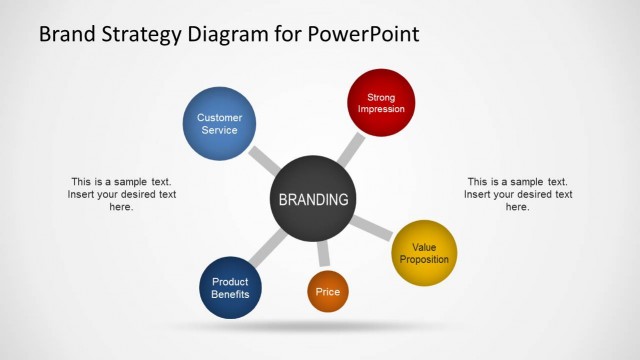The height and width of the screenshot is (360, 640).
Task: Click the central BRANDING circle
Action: pos(313,199)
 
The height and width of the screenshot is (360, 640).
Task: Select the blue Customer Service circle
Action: pos(219,124)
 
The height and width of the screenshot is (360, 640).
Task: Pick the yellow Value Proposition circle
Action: pos(424,253)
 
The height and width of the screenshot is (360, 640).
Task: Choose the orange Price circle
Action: pos(327,291)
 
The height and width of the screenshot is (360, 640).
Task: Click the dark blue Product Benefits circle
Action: pos(231,288)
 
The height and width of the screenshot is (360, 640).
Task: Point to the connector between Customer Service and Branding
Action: pos(264,160)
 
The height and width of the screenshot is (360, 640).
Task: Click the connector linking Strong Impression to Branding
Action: pos(350,149)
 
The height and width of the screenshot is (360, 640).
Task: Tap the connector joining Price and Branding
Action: pos(321,256)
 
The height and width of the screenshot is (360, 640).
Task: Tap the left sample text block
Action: pos(121,194)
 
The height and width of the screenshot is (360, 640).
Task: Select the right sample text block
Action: pos(517,194)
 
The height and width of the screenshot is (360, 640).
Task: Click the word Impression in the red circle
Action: pos(381,109)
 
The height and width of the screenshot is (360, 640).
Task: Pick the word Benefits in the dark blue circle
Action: pos(231,295)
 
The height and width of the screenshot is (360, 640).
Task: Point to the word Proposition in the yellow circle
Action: pos(424,260)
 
